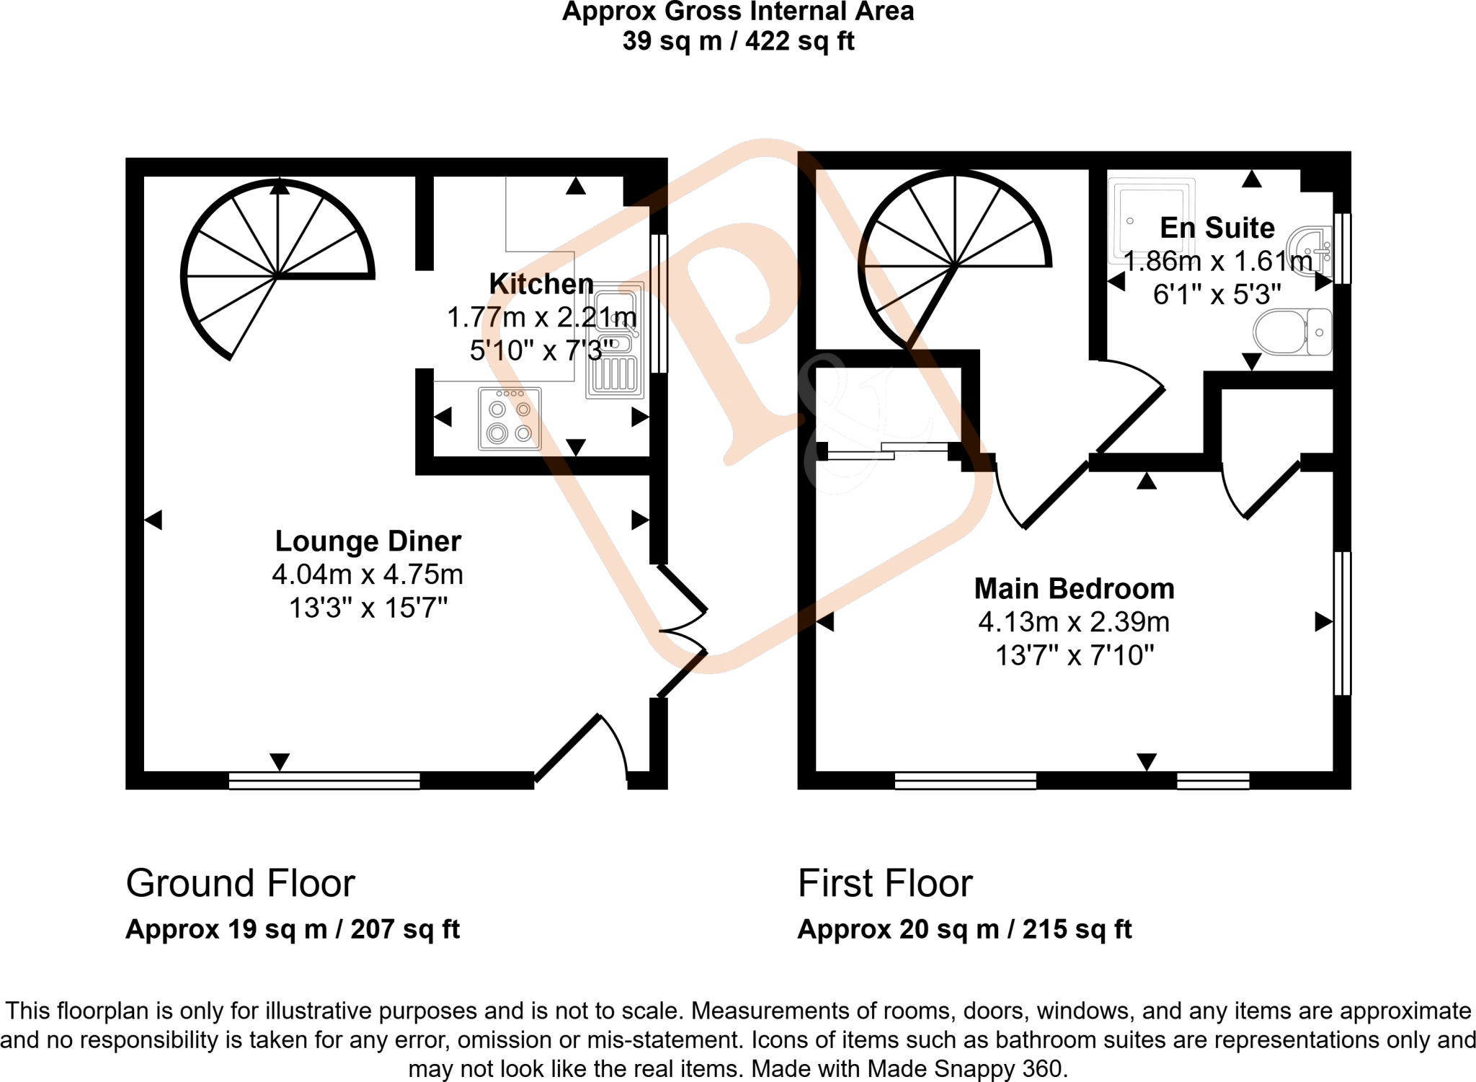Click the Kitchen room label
(x=541, y=284)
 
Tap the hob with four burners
(x=510, y=419)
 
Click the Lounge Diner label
(x=368, y=541)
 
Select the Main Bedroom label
(x=1074, y=589)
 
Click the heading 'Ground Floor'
(x=240, y=883)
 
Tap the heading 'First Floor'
(x=885, y=883)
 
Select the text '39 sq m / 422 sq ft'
(x=738, y=41)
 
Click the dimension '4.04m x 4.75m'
(x=368, y=575)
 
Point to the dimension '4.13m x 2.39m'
(x=1074, y=621)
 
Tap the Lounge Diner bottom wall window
(x=324, y=780)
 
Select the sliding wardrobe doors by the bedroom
(x=887, y=451)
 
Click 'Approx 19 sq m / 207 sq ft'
(x=292, y=929)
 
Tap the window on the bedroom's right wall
(x=1342, y=623)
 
